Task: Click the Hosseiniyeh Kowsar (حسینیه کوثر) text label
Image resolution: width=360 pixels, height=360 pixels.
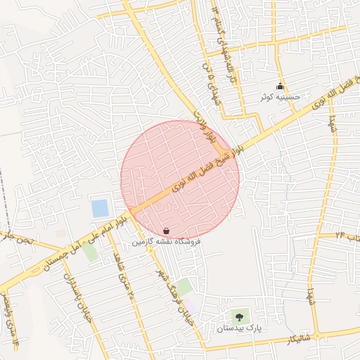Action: [x=281, y=97]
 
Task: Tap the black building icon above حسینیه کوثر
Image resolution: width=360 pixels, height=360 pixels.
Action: [x=281, y=86]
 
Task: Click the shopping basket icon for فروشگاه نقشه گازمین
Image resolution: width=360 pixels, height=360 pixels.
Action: [x=166, y=231]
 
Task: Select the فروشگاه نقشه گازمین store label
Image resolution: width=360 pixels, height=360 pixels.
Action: [x=167, y=241]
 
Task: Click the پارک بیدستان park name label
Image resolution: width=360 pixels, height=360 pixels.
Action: [x=238, y=328]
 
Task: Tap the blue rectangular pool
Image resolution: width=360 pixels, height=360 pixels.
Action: [x=100, y=208]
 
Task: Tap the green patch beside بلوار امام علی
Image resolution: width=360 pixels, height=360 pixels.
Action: [x=89, y=251]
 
